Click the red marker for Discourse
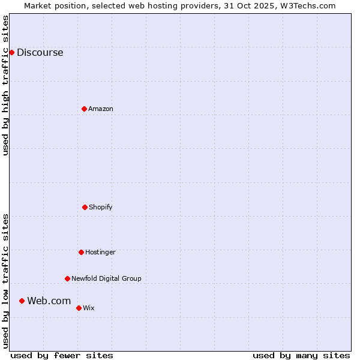(11, 52)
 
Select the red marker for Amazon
(84, 109)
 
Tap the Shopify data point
(85, 207)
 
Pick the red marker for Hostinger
(81, 252)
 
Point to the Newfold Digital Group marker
(67, 278)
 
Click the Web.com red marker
(22, 301)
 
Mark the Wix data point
(79, 308)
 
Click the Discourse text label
(40, 52)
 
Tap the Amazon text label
(101, 109)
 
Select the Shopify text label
(101, 207)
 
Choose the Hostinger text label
(100, 252)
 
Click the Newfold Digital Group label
(106, 278)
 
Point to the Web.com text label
(49, 301)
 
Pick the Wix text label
(89, 308)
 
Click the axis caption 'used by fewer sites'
(62, 355)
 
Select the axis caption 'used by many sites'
(301, 355)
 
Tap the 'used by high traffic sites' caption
(5, 85)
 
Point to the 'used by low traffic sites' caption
(5, 281)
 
